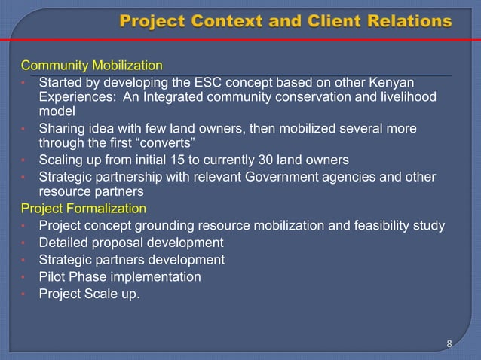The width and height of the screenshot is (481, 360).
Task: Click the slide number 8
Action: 449,344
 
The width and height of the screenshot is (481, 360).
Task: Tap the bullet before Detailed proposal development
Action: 24,243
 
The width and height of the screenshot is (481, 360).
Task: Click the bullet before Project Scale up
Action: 24,294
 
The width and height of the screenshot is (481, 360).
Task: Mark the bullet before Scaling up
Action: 24,160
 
